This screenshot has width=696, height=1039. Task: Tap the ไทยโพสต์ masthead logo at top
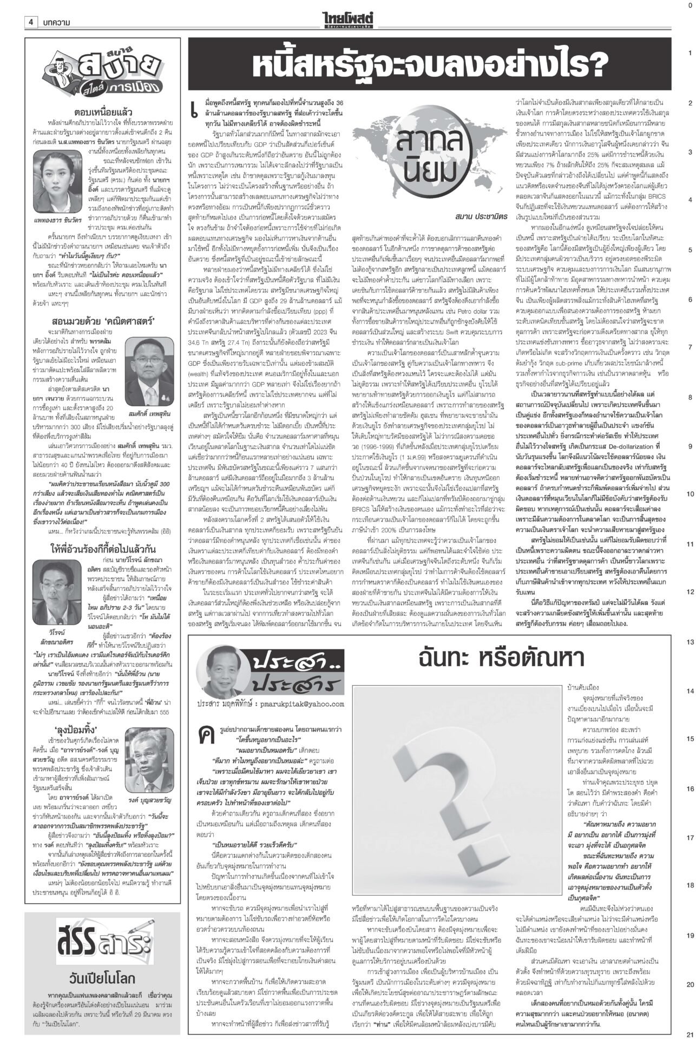pos(347,8)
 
